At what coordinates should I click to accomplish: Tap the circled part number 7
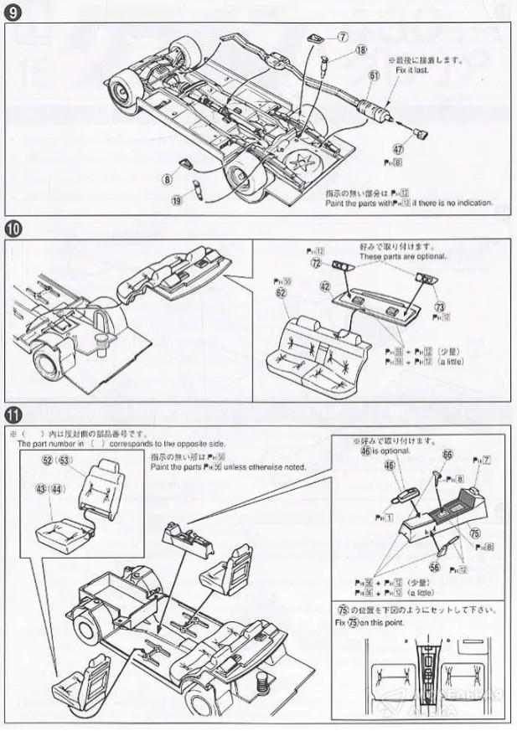pos(343,38)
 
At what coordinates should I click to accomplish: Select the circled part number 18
pos(361,50)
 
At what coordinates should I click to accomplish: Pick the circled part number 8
pos(168,178)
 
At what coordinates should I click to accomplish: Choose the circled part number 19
pos(177,200)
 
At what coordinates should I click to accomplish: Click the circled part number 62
pos(282,294)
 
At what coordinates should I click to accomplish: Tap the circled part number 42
pos(324,286)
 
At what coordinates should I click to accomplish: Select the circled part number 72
pos(316,263)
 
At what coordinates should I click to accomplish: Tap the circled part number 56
pos(435,565)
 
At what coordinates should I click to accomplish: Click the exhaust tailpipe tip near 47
pos(421,134)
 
